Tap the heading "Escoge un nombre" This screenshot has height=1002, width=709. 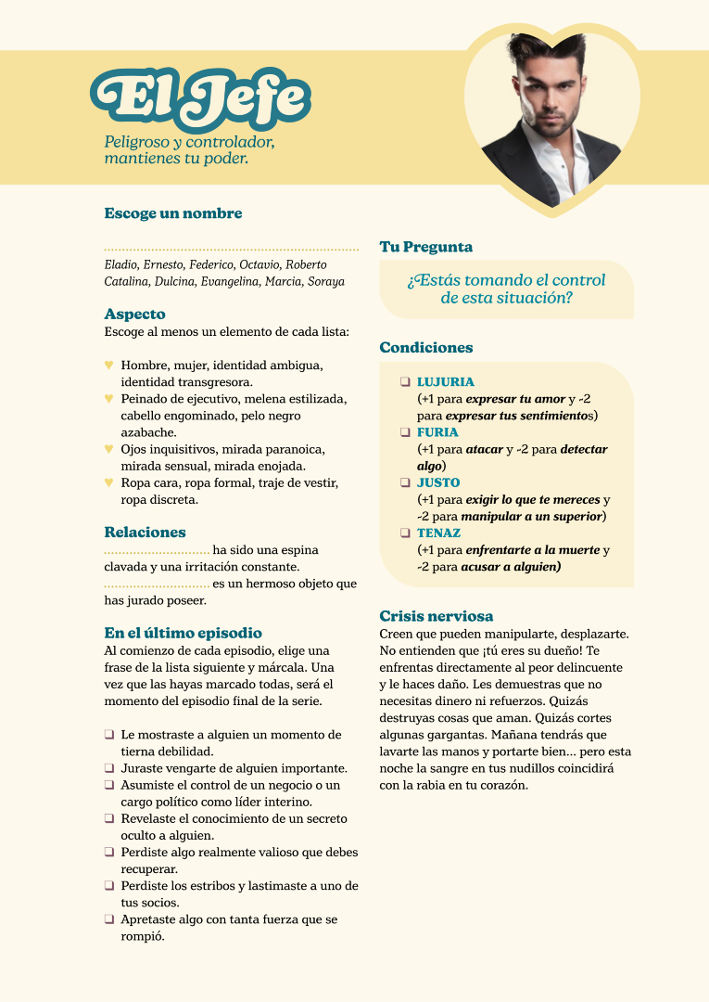tap(173, 213)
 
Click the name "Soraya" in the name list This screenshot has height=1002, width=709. tap(325, 281)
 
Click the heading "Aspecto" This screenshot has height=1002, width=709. tap(135, 315)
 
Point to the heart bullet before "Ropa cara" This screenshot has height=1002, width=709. tap(109, 482)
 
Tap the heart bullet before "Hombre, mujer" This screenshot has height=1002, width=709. tap(109, 365)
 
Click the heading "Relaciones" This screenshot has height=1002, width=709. tap(145, 533)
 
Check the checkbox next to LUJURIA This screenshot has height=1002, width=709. tap(405, 381)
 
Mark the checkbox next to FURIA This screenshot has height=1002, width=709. tap(405, 432)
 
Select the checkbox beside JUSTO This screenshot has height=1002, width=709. tap(405, 482)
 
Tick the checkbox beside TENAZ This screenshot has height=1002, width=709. tap(405, 533)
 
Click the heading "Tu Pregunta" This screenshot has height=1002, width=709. tap(426, 247)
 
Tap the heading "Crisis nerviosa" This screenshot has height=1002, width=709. tap(437, 616)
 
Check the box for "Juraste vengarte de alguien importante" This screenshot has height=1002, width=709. tap(109, 768)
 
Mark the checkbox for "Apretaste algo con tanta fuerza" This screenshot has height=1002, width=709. tap(109, 919)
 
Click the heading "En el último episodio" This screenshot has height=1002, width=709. tap(184, 633)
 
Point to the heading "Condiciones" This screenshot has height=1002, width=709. tap(426, 348)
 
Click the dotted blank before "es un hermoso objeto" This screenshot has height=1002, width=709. tap(157, 584)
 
